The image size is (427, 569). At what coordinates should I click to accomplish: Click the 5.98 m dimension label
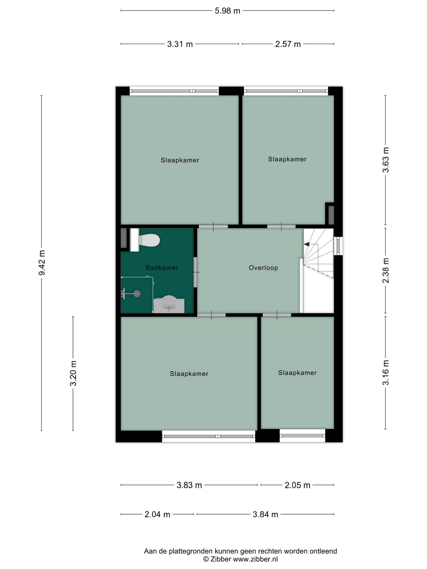click(227, 11)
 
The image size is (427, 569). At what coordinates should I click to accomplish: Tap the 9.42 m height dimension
click(42, 263)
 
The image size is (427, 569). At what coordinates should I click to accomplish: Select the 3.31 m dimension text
click(180, 44)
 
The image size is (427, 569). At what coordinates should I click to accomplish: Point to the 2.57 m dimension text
click(288, 44)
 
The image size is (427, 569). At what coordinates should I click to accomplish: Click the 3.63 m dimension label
click(385, 160)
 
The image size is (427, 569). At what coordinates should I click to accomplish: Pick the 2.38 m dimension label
click(385, 270)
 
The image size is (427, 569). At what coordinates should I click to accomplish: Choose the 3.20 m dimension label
click(73, 373)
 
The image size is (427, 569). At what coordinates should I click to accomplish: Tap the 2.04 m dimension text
click(157, 514)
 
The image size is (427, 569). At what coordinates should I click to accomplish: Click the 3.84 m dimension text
click(265, 514)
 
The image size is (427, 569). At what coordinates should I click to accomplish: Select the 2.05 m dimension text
click(297, 485)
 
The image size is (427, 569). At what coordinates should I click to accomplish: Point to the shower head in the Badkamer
click(137, 294)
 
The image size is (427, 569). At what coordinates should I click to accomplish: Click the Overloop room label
click(263, 268)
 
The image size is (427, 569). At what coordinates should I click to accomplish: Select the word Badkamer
click(162, 268)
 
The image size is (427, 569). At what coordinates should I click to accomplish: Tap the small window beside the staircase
click(338, 246)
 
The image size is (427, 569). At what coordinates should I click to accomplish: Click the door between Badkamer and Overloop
click(195, 272)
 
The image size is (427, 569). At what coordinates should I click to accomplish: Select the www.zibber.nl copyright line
click(240, 559)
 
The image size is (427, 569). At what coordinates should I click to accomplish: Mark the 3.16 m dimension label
click(385, 373)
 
